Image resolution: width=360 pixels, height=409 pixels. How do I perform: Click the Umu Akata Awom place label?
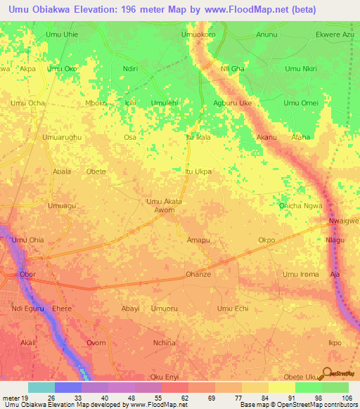(164, 206)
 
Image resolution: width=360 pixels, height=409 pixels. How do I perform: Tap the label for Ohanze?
(198, 274)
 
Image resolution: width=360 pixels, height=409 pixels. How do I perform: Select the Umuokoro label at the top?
(198, 34)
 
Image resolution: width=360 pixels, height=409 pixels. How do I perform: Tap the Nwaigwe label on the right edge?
(344, 221)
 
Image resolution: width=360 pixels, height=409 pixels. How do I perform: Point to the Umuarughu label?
(62, 137)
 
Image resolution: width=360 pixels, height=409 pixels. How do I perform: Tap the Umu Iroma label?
(300, 274)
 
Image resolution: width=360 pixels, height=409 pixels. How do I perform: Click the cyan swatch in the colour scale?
(41, 387)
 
